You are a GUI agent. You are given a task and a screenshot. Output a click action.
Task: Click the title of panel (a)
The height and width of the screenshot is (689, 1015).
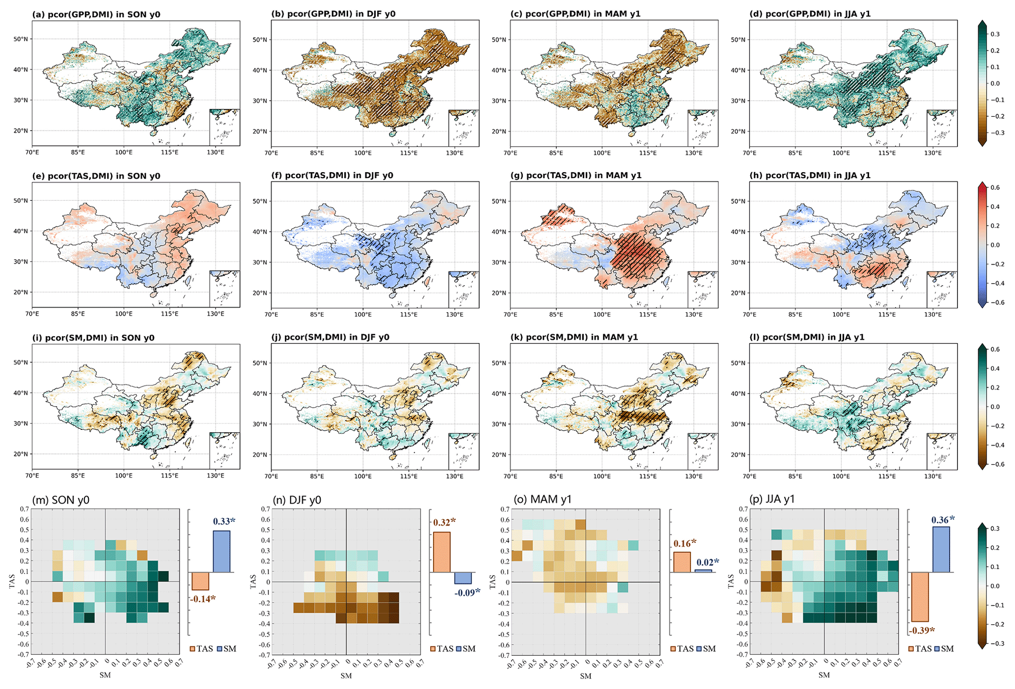tap(96, 14)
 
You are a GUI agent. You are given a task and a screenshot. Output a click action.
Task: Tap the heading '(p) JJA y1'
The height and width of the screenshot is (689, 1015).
tap(772, 500)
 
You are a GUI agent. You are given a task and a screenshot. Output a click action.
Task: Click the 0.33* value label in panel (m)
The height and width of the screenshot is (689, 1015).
tap(224, 521)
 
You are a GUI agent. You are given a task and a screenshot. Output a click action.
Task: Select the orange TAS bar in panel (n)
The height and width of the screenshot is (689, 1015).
tap(441, 552)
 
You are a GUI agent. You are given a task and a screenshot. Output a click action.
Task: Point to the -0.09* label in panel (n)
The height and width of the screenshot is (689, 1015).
tap(467, 593)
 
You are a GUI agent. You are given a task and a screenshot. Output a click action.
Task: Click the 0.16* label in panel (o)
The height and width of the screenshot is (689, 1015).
tap(685, 543)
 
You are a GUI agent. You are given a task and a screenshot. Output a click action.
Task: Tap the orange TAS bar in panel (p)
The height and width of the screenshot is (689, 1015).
tap(920, 597)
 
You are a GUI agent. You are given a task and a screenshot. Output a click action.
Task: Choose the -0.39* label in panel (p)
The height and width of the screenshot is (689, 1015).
tap(921, 631)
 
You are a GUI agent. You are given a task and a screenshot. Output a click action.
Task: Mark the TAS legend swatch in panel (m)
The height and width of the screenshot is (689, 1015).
tap(193, 649)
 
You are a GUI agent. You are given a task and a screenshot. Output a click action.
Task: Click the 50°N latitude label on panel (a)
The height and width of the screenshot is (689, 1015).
tap(21, 39)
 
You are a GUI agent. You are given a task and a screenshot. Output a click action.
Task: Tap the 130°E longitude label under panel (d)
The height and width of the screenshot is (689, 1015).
tap(933, 153)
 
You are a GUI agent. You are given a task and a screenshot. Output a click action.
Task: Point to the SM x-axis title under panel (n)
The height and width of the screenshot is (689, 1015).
tap(346, 676)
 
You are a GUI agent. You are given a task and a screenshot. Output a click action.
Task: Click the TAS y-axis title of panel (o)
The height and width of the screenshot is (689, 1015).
tap(492, 582)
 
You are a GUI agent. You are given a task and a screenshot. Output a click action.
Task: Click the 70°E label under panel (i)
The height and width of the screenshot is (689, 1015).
tap(32, 476)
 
